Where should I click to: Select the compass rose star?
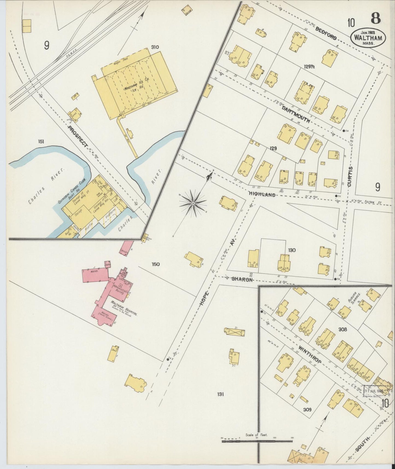coord(193,203)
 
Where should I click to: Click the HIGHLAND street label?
coord(262,195)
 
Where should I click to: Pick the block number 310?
coord(155,47)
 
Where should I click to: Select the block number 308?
coord(342,329)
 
